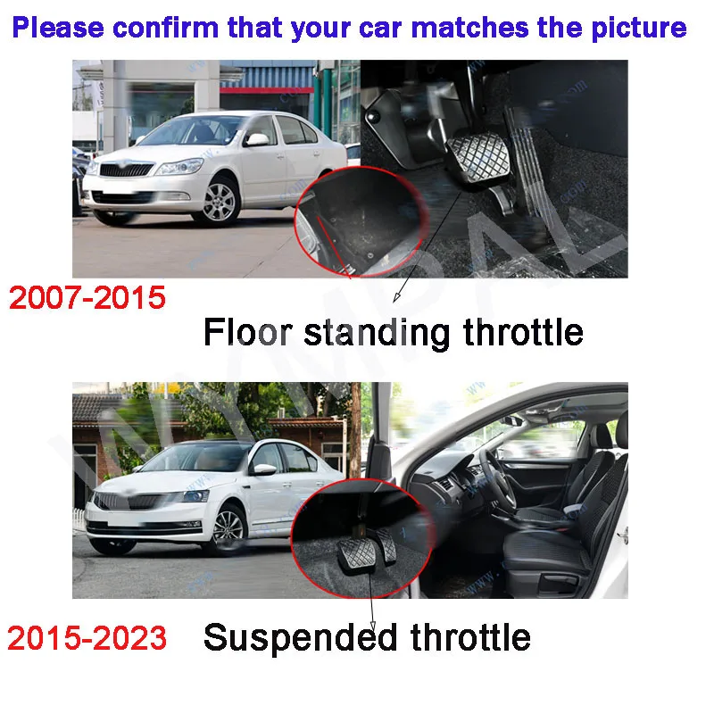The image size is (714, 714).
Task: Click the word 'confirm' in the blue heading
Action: coord(166,28)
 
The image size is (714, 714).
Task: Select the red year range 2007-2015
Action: coord(87,297)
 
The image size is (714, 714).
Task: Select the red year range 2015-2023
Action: coord(87,637)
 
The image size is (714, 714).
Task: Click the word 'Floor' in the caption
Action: coord(248,331)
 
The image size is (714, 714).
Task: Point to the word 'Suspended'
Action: coord(301,638)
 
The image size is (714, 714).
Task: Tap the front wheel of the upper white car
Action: coord(219,203)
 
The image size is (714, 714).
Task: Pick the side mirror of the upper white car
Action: coord(257,139)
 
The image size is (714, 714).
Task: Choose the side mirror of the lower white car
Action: coord(263,469)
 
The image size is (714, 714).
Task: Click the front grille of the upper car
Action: coord(126,170)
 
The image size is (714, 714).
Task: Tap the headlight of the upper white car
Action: coord(179,167)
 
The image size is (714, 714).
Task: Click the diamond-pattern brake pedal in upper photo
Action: coord(479,157)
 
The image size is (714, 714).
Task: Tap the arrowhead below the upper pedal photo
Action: coord(396,297)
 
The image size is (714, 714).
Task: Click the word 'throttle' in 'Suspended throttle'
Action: coord(470,637)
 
